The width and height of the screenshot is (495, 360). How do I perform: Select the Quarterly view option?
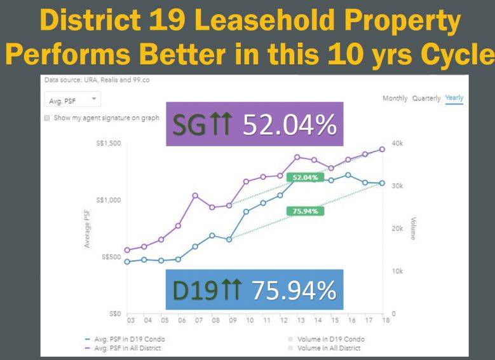426,97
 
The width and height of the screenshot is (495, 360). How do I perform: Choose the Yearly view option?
454,97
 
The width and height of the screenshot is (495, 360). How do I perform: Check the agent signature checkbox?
48,118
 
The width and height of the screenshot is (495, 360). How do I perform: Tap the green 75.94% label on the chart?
305,211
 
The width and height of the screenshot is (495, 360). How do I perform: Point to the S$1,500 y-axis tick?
107,143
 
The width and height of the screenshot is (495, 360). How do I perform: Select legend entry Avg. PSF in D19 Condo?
131,339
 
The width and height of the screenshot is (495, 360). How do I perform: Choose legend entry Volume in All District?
327,348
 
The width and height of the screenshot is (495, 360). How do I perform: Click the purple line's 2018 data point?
382,149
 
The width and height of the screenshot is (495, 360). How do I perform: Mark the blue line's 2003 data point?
127,261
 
